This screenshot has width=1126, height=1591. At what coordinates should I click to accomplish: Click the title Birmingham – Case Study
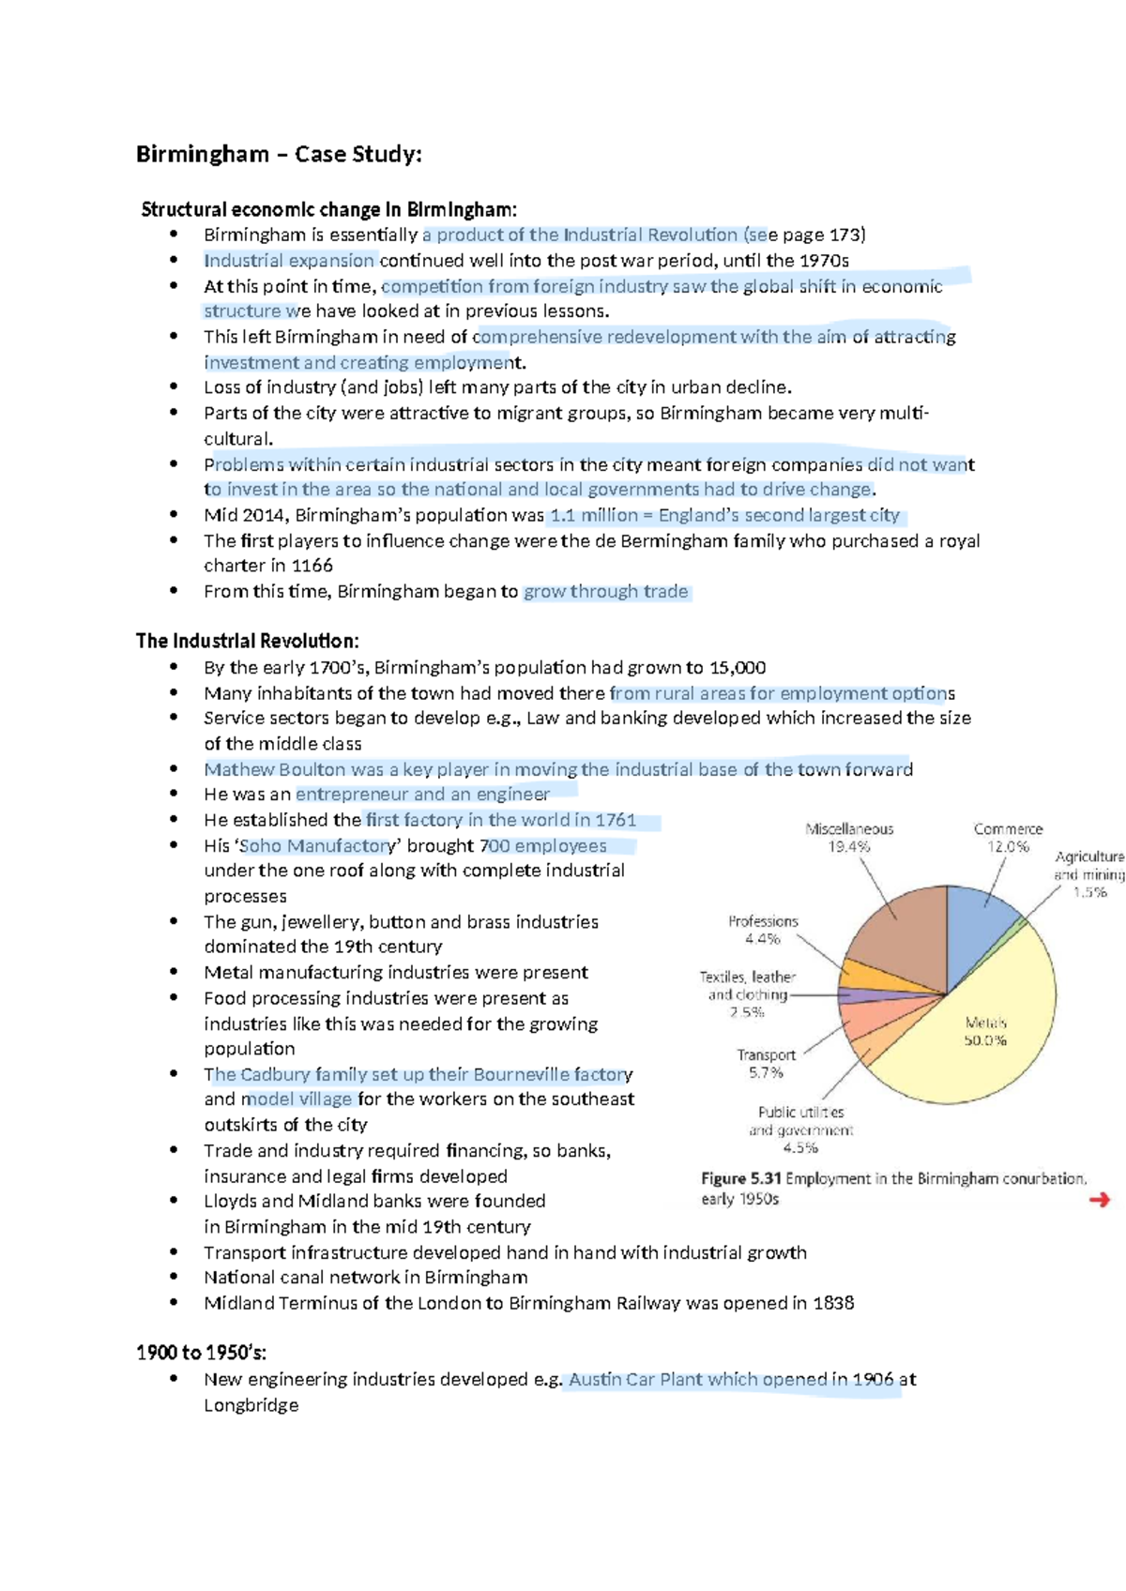[x=279, y=154]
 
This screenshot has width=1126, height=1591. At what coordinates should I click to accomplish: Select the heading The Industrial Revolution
[x=247, y=641]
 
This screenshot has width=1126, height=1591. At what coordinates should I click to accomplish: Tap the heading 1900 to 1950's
[x=201, y=1352]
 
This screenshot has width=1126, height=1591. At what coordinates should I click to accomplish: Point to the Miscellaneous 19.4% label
[x=849, y=838]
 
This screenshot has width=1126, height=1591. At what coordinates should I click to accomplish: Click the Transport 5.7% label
[x=766, y=1064]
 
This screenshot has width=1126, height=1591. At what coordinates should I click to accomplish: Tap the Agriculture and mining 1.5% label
[x=1088, y=873]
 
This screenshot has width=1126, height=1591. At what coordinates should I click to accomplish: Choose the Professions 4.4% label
[x=763, y=930]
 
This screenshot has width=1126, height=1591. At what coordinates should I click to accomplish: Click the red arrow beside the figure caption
[x=1099, y=1199]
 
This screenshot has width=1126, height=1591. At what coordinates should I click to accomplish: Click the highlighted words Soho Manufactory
[x=317, y=845]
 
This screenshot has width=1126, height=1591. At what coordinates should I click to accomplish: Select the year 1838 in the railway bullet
[x=833, y=1303]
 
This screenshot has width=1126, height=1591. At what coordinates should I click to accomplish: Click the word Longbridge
[x=251, y=1404]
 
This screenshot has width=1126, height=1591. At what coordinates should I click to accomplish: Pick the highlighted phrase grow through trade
[x=605, y=591]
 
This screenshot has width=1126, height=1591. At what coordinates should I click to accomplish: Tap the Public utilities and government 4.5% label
[x=800, y=1129]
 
